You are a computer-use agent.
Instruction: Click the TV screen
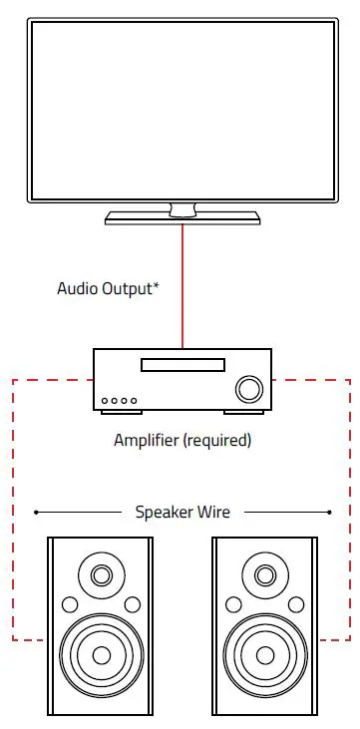click(x=182, y=110)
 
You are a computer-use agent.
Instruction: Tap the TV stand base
click(x=182, y=216)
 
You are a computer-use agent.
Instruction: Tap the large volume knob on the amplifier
click(x=247, y=388)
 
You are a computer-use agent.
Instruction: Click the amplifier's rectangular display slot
click(x=182, y=366)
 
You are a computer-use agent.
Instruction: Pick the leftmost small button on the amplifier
click(x=106, y=402)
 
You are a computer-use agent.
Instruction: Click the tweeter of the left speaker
click(x=101, y=575)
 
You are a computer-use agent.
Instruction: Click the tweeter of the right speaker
click(x=263, y=575)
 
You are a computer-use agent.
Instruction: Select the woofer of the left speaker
click(x=101, y=655)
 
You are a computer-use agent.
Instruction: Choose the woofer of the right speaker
click(x=263, y=655)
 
